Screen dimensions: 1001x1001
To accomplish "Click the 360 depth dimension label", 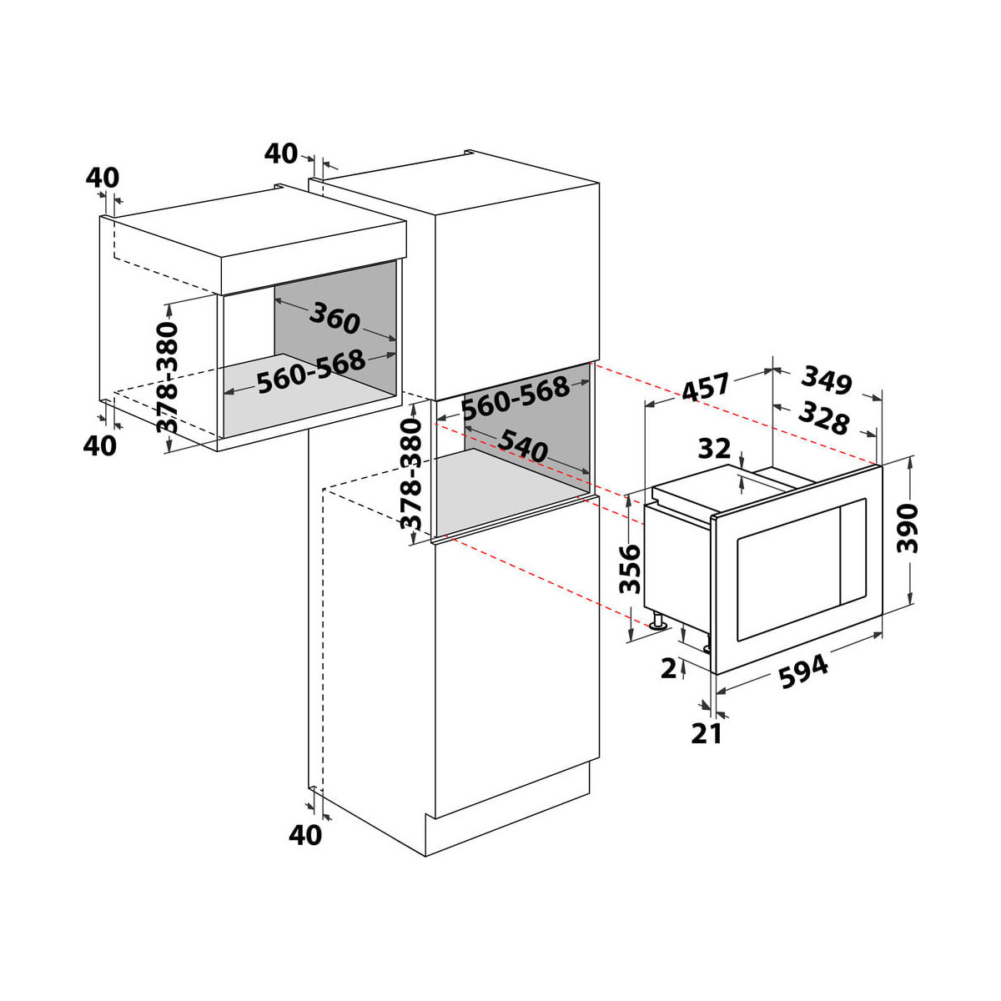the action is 334,317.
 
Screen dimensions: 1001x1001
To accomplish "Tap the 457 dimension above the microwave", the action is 706,387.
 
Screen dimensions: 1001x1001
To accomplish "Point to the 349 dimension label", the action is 827,380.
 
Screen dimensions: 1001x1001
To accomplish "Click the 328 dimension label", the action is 824,416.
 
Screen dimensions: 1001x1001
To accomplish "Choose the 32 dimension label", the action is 714,448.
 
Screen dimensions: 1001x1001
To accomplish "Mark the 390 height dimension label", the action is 908,528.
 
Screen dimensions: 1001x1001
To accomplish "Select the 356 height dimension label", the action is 630,568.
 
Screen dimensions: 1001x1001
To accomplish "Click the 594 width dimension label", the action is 803,672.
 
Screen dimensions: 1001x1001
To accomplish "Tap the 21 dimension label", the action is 707,733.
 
